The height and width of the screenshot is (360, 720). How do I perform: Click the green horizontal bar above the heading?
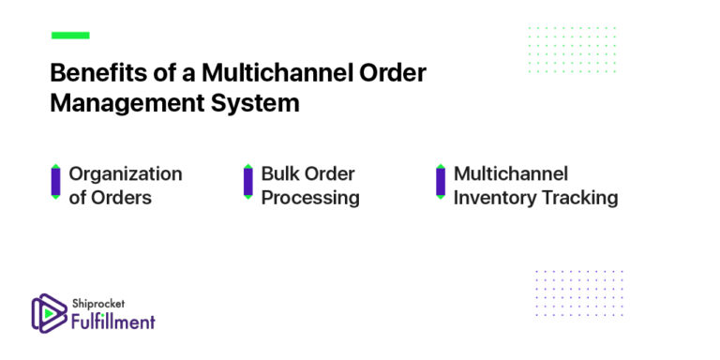(70, 36)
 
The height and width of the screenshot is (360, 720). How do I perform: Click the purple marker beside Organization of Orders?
(55, 182)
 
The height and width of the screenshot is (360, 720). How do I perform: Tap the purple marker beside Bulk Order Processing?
(247, 182)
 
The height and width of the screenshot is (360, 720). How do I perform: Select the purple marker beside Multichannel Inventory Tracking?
(441, 182)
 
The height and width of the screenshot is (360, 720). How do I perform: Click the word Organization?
(126, 174)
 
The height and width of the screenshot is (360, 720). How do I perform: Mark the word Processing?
(309, 198)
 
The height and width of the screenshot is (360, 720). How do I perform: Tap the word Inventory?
(493, 198)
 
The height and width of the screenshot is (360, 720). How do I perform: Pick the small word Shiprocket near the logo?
(97, 303)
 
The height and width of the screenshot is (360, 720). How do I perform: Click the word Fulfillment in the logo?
(113, 322)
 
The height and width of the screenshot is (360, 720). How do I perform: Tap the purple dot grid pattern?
(578, 292)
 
